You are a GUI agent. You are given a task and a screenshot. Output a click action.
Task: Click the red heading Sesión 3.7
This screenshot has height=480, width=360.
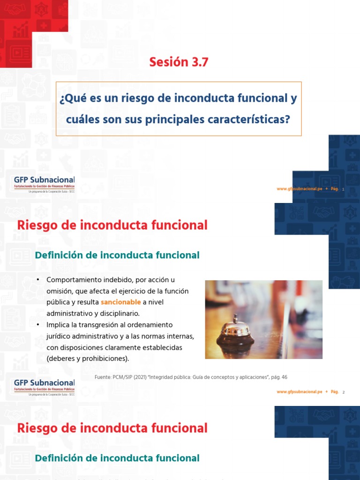pos(178,61)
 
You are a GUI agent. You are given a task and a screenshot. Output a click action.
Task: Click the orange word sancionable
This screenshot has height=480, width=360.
pos(120,302)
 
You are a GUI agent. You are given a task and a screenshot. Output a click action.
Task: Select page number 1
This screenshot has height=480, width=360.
pos(344,189)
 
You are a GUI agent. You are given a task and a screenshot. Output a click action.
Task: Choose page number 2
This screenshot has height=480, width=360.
pos(344,392)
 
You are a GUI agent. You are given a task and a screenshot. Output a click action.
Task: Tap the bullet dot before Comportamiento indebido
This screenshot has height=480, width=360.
pos(38,280)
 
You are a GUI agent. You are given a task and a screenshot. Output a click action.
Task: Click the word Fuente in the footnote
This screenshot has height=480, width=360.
pos(103,377)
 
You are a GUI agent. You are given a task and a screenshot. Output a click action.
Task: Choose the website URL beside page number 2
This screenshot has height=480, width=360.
pos(299,392)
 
